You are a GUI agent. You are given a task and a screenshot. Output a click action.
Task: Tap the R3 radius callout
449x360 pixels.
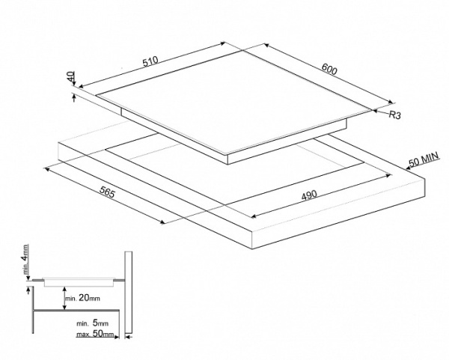(x=396, y=115)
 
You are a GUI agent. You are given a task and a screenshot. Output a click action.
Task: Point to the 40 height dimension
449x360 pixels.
(x=70, y=76)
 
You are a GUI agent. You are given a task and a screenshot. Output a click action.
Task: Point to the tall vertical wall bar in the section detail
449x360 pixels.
(x=129, y=293)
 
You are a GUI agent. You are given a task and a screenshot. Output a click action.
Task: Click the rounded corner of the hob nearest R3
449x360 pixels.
(x=370, y=112)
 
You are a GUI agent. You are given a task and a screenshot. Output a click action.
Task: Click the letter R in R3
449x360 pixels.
(x=392, y=115)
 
